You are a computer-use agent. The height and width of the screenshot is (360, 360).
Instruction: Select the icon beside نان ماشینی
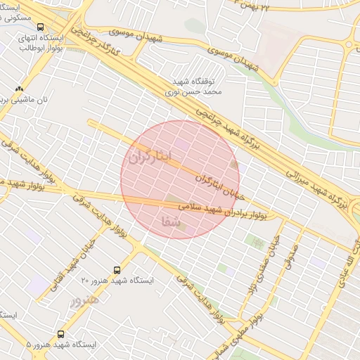pyautogui.click(x=19, y=89)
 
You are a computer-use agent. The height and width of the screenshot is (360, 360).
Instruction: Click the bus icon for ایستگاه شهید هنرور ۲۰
pyautogui.click(x=117, y=270)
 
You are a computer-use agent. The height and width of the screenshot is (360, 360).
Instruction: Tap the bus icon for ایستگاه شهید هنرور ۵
pyautogui.click(x=61, y=335)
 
